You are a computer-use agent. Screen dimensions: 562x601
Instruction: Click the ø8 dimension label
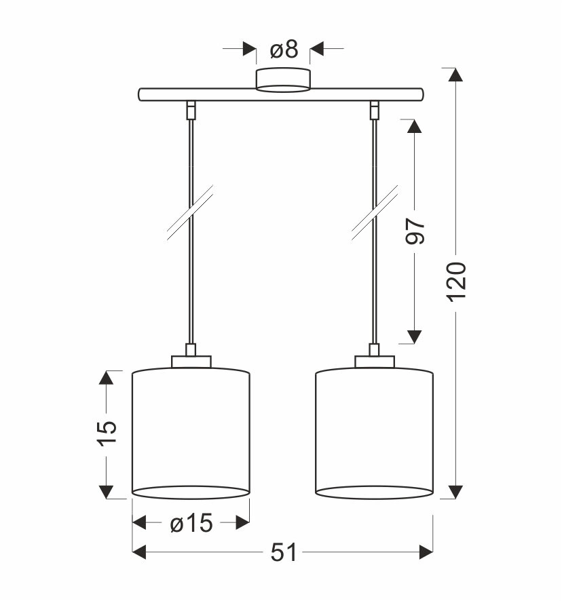[x=284, y=50]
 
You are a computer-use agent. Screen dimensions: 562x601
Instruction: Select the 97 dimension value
[x=415, y=231]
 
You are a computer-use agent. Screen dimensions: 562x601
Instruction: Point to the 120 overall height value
[x=457, y=282]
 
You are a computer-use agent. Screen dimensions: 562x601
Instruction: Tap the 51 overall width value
[x=284, y=553]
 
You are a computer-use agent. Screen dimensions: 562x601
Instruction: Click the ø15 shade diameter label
[x=191, y=523]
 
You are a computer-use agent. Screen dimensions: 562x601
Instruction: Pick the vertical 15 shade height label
[x=107, y=433]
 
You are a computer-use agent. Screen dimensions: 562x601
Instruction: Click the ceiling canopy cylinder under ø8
[x=283, y=80]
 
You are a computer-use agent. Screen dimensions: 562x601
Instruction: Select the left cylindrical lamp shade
[x=191, y=433]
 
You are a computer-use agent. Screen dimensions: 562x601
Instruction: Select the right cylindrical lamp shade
[x=375, y=433]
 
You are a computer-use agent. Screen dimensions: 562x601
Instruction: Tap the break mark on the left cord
[x=190, y=213]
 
